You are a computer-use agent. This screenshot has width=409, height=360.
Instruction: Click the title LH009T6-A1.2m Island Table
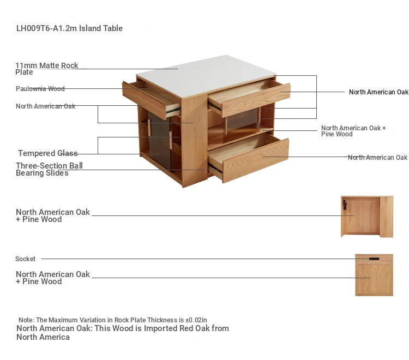point(69,28)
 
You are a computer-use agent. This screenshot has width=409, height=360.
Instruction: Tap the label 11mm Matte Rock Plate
point(47,69)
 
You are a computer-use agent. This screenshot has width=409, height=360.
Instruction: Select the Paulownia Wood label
point(40,89)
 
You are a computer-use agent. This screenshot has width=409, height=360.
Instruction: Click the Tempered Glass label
point(48,153)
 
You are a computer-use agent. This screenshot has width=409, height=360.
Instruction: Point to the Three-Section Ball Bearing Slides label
point(49,169)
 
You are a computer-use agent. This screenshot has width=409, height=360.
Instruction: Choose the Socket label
point(25,259)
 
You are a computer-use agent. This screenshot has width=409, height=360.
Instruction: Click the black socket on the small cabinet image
point(374,259)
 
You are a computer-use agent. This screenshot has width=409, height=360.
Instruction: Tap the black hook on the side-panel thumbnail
point(345,205)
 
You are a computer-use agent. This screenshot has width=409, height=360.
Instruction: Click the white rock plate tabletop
point(206,76)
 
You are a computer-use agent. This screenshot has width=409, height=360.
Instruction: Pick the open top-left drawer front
point(145,100)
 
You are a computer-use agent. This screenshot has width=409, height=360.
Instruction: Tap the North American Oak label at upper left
point(45,106)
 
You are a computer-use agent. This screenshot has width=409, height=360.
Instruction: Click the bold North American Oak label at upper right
point(378,92)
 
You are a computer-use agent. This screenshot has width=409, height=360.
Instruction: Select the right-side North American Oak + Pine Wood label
point(353,131)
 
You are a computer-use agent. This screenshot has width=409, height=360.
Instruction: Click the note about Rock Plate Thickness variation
point(113,320)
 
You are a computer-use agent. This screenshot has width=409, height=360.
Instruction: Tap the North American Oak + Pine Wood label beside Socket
point(53,278)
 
